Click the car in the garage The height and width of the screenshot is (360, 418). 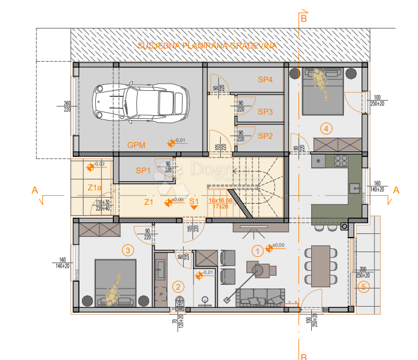(x=139, y=104)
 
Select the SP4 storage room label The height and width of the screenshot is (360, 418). (x=265, y=80)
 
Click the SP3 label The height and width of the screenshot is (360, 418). (x=265, y=112)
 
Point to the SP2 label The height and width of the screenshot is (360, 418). (x=265, y=136)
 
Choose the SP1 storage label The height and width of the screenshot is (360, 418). (x=144, y=170)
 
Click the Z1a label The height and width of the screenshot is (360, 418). (x=95, y=187)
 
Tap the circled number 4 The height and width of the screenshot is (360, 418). (x=326, y=128)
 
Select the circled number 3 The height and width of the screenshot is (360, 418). (x=128, y=250)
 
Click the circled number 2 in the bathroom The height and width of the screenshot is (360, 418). (x=178, y=287)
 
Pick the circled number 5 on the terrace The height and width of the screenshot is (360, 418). (x=363, y=287)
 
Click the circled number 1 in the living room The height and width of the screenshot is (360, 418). (x=257, y=249)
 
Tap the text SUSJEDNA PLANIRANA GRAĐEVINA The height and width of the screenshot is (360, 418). (x=207, y=45)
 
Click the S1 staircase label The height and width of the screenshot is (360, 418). (x=194, y=201)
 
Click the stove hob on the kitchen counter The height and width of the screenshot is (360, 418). (x=339, y=162)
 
